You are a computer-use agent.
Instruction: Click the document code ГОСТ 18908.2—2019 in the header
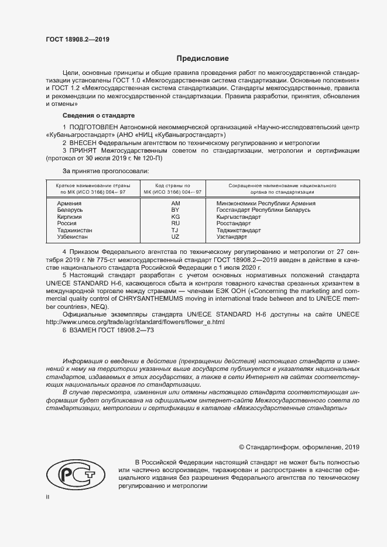pos(77,40)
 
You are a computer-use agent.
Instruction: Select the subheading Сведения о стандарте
pos(98,116)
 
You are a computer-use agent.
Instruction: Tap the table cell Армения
pos(69,203)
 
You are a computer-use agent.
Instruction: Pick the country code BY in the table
pos(175,209)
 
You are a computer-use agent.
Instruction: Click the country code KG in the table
pos(175,216)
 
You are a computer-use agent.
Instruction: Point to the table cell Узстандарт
pos(232,237)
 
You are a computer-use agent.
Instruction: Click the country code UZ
pos(175,237)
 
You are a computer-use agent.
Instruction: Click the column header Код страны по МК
pos(174,188)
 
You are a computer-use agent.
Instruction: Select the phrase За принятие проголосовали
pos(105,171)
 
